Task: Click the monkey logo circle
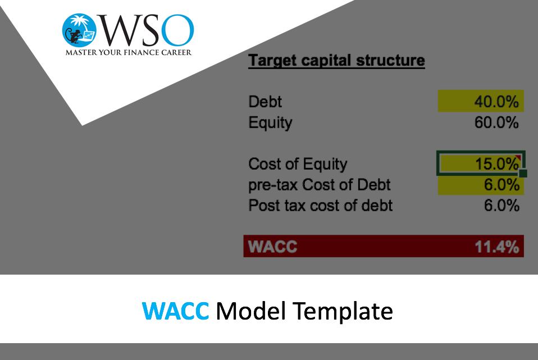pos(79,30)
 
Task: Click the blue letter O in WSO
pos(177,30)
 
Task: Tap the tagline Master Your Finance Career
pos(129,52)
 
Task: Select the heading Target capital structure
pos(336,61)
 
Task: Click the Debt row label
pos(265,102)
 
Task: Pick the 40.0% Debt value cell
pos(481,101)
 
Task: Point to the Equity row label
pos(270,123)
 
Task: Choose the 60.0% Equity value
pos(496,122)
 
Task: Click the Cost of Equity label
pos(298,164)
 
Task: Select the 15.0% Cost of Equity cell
pos(480,163)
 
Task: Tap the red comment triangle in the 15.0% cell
pos(518,157)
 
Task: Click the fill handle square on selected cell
pos(523,174)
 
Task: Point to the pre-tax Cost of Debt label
pos(320,185)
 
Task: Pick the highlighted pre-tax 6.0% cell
pos(481,185)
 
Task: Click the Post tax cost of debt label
pos(321,206)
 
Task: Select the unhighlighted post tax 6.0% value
pos(501,206)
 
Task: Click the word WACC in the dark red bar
pos(272,247)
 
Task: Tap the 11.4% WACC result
pos(497,247)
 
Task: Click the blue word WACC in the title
pos(175,311)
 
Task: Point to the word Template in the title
pos(343,312)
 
